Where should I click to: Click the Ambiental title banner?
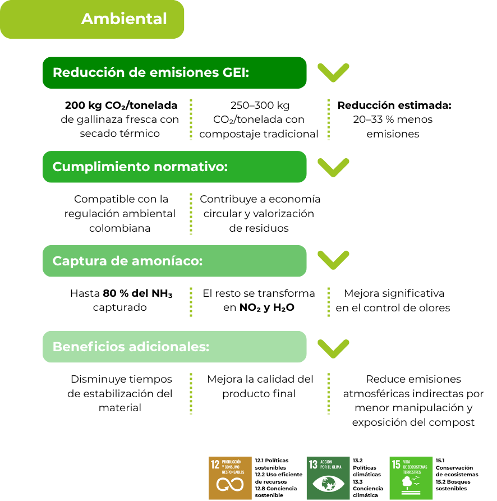point(92,19)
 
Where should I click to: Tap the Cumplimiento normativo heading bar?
point(174,167)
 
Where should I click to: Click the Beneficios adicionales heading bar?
point(174,347)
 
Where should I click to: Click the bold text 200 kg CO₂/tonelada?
point(121,105)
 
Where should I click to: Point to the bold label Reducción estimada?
point(394,105)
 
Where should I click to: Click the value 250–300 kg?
point(260,105)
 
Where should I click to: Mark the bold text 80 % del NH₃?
point(137,293)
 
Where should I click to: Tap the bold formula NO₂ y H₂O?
point(266,307)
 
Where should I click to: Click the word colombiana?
point(120,228)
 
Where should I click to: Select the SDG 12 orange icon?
point(230,478)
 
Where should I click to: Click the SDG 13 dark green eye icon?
point(328,478)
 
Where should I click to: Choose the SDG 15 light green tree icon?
point(411,478)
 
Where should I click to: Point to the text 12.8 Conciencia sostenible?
point(275,491)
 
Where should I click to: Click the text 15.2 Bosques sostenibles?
point(453,485)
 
